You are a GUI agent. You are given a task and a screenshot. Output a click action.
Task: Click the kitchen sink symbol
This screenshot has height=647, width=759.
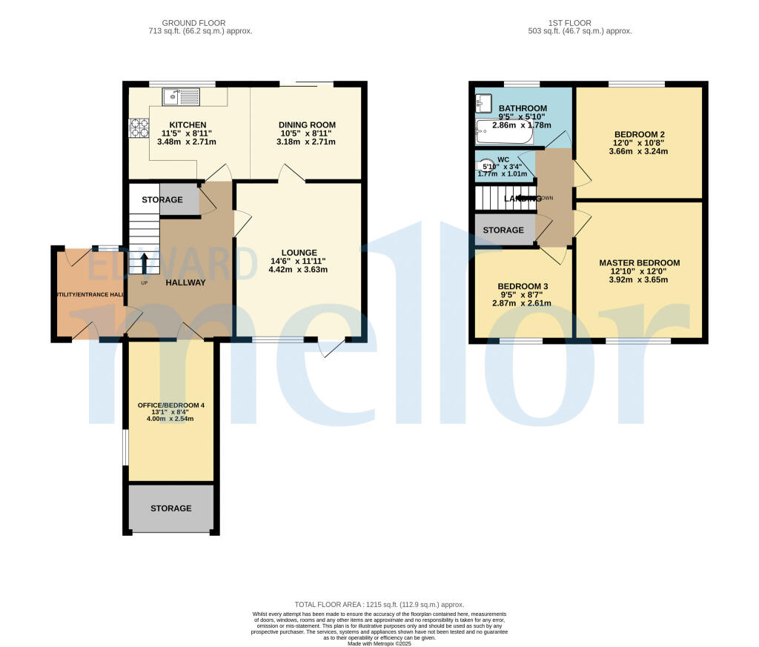[182, 95]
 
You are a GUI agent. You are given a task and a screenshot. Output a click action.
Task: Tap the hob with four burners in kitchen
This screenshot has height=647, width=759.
[139, 128]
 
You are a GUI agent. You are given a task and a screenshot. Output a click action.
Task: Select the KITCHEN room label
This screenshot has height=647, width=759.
[188, 125]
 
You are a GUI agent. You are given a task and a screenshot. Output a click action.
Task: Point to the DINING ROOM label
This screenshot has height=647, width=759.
[307, 125]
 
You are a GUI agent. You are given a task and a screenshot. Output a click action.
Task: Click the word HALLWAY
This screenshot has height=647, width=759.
[185, 282]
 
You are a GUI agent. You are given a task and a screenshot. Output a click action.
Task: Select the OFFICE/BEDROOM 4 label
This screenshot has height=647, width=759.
[171, 405]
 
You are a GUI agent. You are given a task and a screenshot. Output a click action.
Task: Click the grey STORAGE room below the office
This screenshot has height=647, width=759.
[171, 508]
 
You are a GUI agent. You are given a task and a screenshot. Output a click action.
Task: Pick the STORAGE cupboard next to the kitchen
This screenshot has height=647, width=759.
[162, 200]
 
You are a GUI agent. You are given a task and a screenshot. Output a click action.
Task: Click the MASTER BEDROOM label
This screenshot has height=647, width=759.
[639, 263]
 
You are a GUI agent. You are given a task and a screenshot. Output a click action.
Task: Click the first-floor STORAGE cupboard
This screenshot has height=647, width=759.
[503, 230]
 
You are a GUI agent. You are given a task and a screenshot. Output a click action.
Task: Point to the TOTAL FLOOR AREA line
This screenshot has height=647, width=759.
[379, 605]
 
